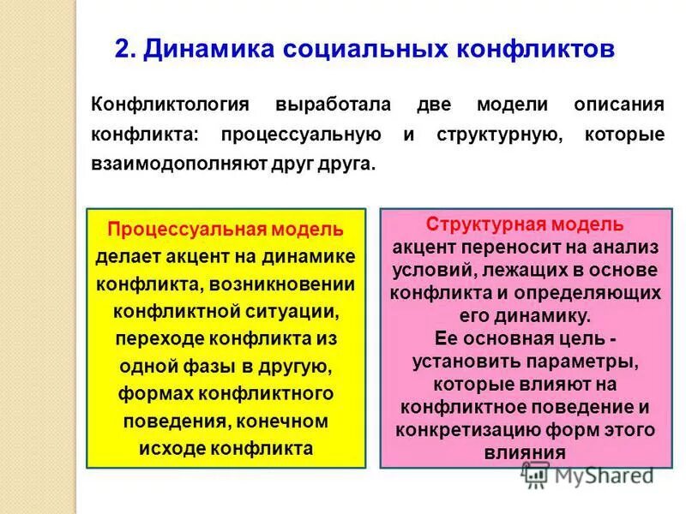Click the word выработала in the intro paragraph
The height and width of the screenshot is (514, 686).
pyautogui.click(x=334, y=106)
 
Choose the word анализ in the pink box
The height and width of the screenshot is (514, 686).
pyautogui.click(x=629, y=248)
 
